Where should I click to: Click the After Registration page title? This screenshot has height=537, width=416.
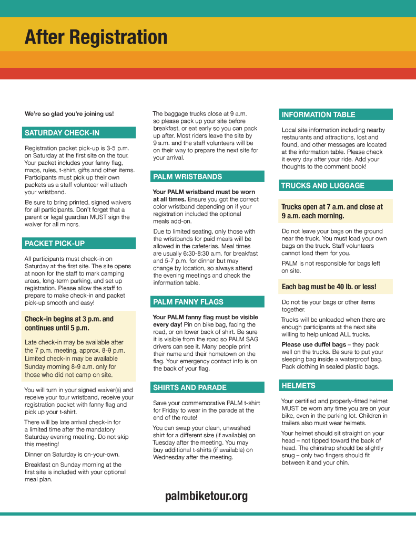pyautogui.click(x=96, y=37)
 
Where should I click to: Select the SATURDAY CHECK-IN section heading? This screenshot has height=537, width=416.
pyautogui.click(x=62, y=133)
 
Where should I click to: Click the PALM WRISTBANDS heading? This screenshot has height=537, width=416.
pyautogui.click(x=188, y=177)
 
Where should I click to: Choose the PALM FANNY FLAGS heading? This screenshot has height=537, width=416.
pyautogui.click(x=188, y=302)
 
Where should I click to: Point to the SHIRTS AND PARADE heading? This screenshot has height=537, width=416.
pyautogui.click(x=190, y=388)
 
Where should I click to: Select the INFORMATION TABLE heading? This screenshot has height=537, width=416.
pyautogui.click(x=318, y=114)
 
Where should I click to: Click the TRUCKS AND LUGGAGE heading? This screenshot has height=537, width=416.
pyautogui.click(x=322, y=186)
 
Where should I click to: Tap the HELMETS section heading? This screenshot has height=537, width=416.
pyautogui.click(x=298, y=386)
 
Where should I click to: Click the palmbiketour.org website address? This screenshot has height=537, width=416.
pyautogui.click(x=206, y=496)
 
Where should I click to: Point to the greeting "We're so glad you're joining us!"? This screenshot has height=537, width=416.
pyautogui.click(x=69, y=114)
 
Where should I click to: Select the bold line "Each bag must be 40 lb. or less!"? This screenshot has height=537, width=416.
pyautogui.click(x=329, y=287)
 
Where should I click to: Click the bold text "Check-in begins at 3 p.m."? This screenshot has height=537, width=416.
pyautogui.click(x=69, y=319)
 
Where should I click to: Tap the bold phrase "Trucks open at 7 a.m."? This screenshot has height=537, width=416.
pyautogui.click(x=313, y=207)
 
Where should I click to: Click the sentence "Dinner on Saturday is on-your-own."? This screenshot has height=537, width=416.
pyautogui.click(x=72, y=455)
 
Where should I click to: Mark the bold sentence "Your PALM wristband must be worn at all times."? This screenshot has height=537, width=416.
pyautogui.click(x=204, y=196)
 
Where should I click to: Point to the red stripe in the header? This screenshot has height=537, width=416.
pyautogui.click(x=208, y=73)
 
